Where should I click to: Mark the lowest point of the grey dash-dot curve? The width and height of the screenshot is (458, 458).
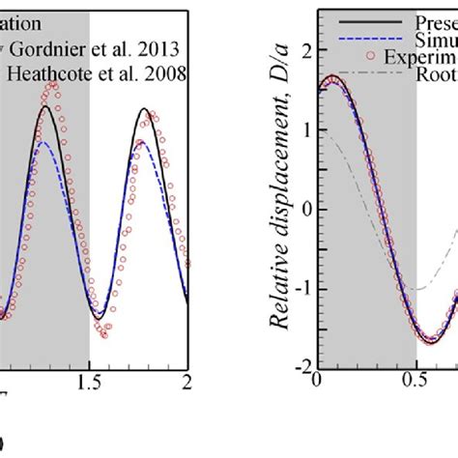coord(416,289)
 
